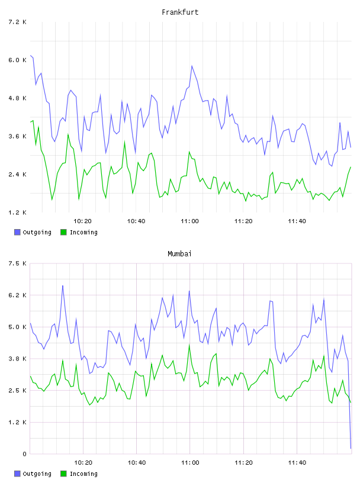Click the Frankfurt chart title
tap(180, 12)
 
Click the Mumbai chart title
tap(179, 254)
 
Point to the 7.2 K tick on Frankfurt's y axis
tap(17, 22)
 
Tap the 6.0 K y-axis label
tap(17, 60)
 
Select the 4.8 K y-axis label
tap(17, 98)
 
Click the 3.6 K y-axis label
tap(17, 137)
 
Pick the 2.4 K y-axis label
tap(17, 175)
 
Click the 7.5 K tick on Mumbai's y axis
tap(17, 263)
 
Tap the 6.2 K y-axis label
tap(17, 295)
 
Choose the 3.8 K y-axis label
tap(17, 359)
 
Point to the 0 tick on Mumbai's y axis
tap(24, 454)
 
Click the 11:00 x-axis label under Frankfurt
tap(189, 221)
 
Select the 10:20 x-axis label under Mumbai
tap(83, 463)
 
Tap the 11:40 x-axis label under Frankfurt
tap(297, 221)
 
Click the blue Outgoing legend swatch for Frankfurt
tap(17, 232)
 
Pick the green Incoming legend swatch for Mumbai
tap(63, 474)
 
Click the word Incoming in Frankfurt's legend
tap(83, 232)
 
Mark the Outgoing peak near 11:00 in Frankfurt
tap(192, 66)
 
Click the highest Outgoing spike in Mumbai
tap(63, 285)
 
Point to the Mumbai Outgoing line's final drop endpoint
tap(351, 448)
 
